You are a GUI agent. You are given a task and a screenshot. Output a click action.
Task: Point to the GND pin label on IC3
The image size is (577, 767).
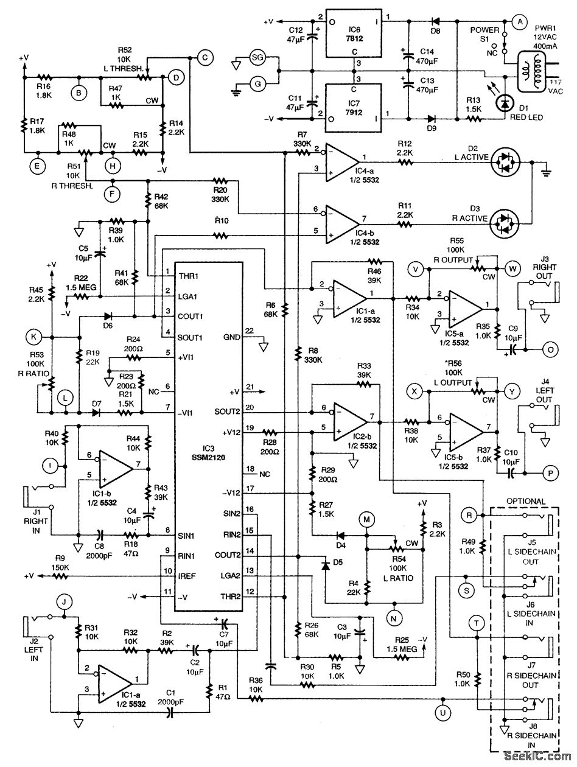(x=231, y=337)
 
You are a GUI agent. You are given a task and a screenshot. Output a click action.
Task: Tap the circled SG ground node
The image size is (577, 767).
(x=258, y=58)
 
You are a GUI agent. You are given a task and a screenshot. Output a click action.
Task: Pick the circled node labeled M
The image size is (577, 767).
(x=366, y=519)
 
